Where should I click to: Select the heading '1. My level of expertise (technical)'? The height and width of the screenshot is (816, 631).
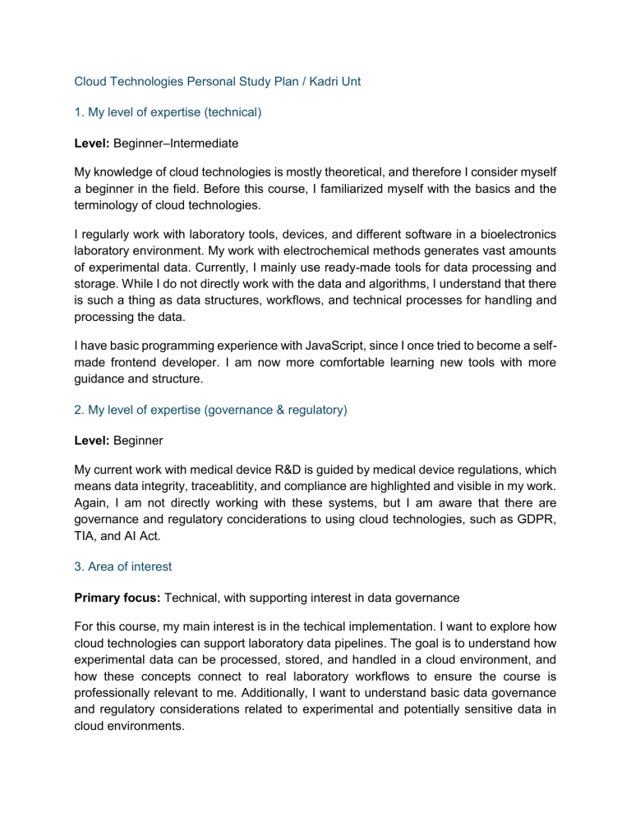pyautogui.click(x=168, y=112)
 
